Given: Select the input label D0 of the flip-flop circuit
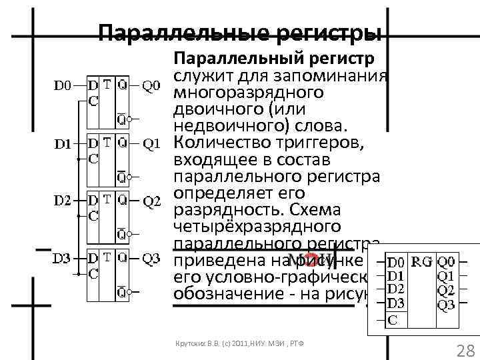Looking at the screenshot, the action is coord(62,85).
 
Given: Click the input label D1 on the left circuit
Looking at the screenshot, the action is coord(62,143).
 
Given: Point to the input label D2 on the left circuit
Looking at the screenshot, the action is coord(62,200).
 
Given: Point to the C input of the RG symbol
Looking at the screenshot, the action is coord(393,319).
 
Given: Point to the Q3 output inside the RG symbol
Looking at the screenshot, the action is coord(447,304).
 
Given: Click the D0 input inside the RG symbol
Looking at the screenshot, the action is coord(396,262).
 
